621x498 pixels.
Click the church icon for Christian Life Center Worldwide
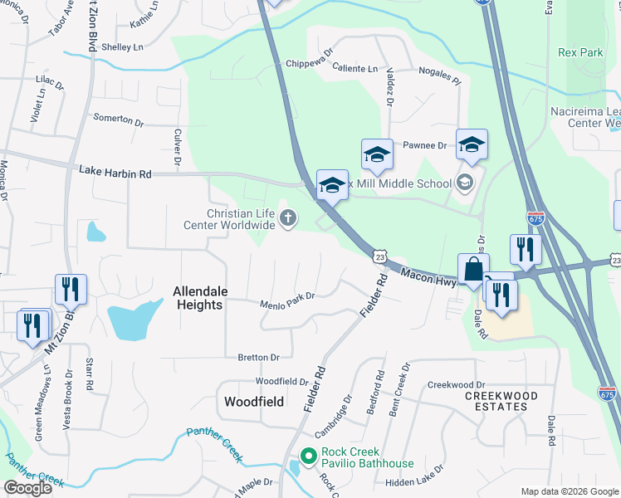pyautogui.click(x=288, y=219)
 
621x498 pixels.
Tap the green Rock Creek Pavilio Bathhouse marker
pyautogui.click(x=308, y=456)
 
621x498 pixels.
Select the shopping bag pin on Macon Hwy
pyautogui.click(x=472, y=270)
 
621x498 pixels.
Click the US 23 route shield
pyautogui.click(x=379, y=257)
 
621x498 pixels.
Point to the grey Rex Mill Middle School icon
pyautogui.click(x=465, y=183)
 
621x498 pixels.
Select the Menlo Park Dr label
pyautogui.click(x=288, y=296)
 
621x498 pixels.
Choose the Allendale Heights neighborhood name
pyautogui.click(x=198, y=298)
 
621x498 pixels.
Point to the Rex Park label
pyautogui.click(x=580, y=52)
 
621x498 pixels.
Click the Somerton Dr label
pyautogui.click(x=118, y=120)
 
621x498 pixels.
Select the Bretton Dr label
pyautogui.click(x=258, y=358)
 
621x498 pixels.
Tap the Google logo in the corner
pyautogui.click(x=27, y=488)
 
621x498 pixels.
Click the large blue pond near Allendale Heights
pyautogui.click(x=133, y=319)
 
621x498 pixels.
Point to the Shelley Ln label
pyautogui.click(x=122, y=48)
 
